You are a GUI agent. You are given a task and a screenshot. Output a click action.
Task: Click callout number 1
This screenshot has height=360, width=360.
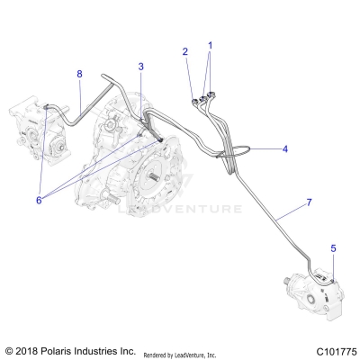[211, 45]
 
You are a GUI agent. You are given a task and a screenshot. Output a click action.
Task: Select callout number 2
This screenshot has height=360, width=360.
[185, 51]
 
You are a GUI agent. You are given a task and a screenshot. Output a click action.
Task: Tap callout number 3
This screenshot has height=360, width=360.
[140, 67]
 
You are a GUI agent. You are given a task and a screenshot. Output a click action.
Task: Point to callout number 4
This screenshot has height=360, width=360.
[285, 148]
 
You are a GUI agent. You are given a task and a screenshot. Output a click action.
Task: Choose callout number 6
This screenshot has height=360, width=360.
[39, 200]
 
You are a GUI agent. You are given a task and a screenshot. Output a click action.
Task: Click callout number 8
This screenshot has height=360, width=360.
[79, 73]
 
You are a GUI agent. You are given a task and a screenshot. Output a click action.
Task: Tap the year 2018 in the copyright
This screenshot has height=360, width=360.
[32, 350]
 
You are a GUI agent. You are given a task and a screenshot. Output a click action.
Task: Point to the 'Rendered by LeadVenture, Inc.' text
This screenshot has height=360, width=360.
[192, 351]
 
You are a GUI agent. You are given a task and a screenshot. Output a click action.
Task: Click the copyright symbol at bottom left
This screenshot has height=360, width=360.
[9, 350]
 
